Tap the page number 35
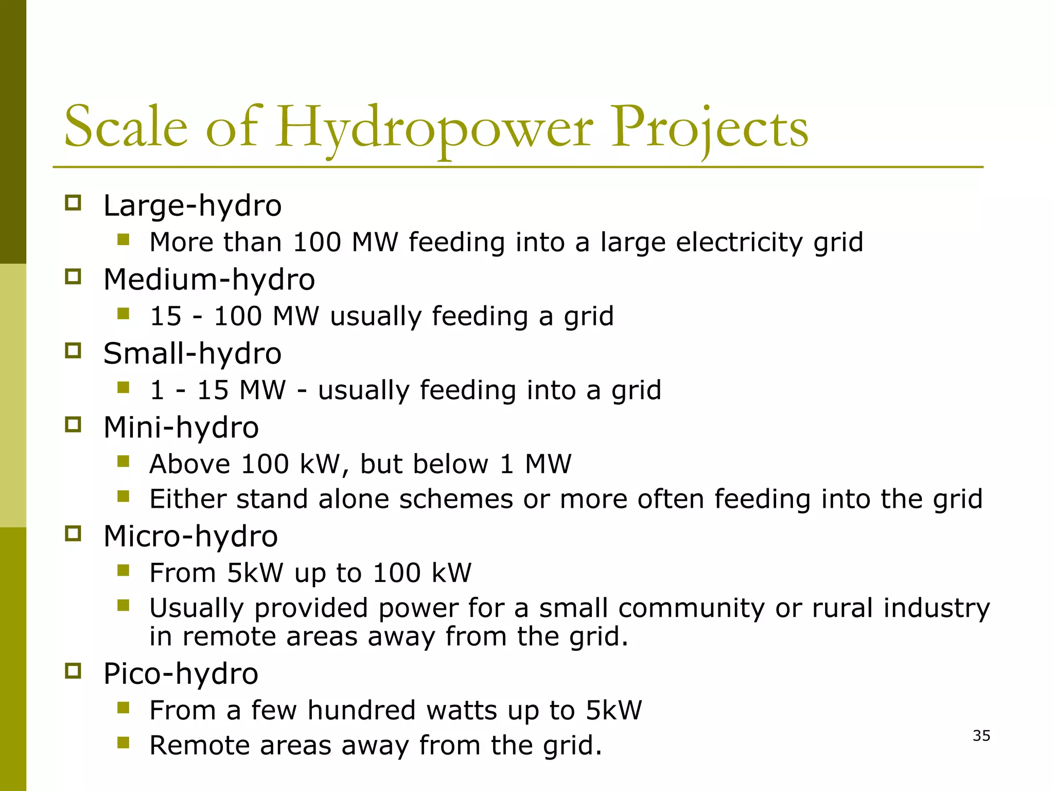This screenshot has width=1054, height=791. (x=981, y=736)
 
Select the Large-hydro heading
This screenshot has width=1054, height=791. (x=192, y=206)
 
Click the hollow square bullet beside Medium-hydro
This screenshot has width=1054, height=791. (x=73, y=277)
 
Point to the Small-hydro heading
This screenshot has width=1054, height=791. (x=192, y=354)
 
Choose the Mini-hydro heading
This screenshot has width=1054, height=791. (x=181, y=428)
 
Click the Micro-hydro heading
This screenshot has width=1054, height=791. (x=190, y=537)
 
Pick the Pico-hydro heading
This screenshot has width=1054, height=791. (x=180, y=674)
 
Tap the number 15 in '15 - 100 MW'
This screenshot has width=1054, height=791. (x=166, y=316)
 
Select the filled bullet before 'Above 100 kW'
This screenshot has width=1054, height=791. (x=123, y=461)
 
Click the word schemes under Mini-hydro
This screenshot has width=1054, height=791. (x=456, y=500)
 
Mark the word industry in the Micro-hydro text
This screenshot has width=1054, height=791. (x=936, y=609)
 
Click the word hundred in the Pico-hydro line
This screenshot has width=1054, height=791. (x=361, y=711)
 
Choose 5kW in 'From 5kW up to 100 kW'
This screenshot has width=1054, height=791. (x=255, y=573)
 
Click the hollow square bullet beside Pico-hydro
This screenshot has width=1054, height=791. (x=73, y=672)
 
